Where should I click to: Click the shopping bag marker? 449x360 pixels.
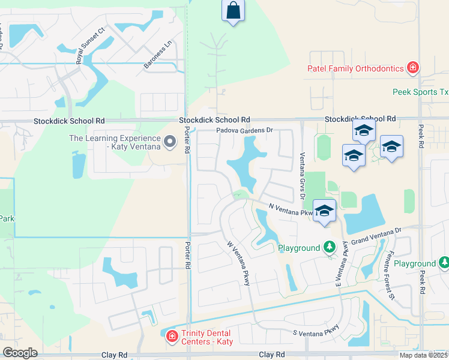233,10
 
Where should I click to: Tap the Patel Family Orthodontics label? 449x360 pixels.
355,68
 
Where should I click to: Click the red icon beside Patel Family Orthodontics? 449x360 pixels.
413,68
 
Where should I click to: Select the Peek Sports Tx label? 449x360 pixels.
420,92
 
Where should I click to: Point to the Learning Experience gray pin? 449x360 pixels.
170,142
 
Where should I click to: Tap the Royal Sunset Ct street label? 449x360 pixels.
91,44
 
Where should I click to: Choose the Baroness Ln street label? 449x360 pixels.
157,53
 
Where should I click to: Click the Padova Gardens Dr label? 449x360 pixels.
244,130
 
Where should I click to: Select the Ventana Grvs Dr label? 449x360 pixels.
303,172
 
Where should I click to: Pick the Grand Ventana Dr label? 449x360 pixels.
376,235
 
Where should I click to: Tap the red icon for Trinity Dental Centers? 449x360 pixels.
172,336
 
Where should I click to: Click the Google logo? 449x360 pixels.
20,352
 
